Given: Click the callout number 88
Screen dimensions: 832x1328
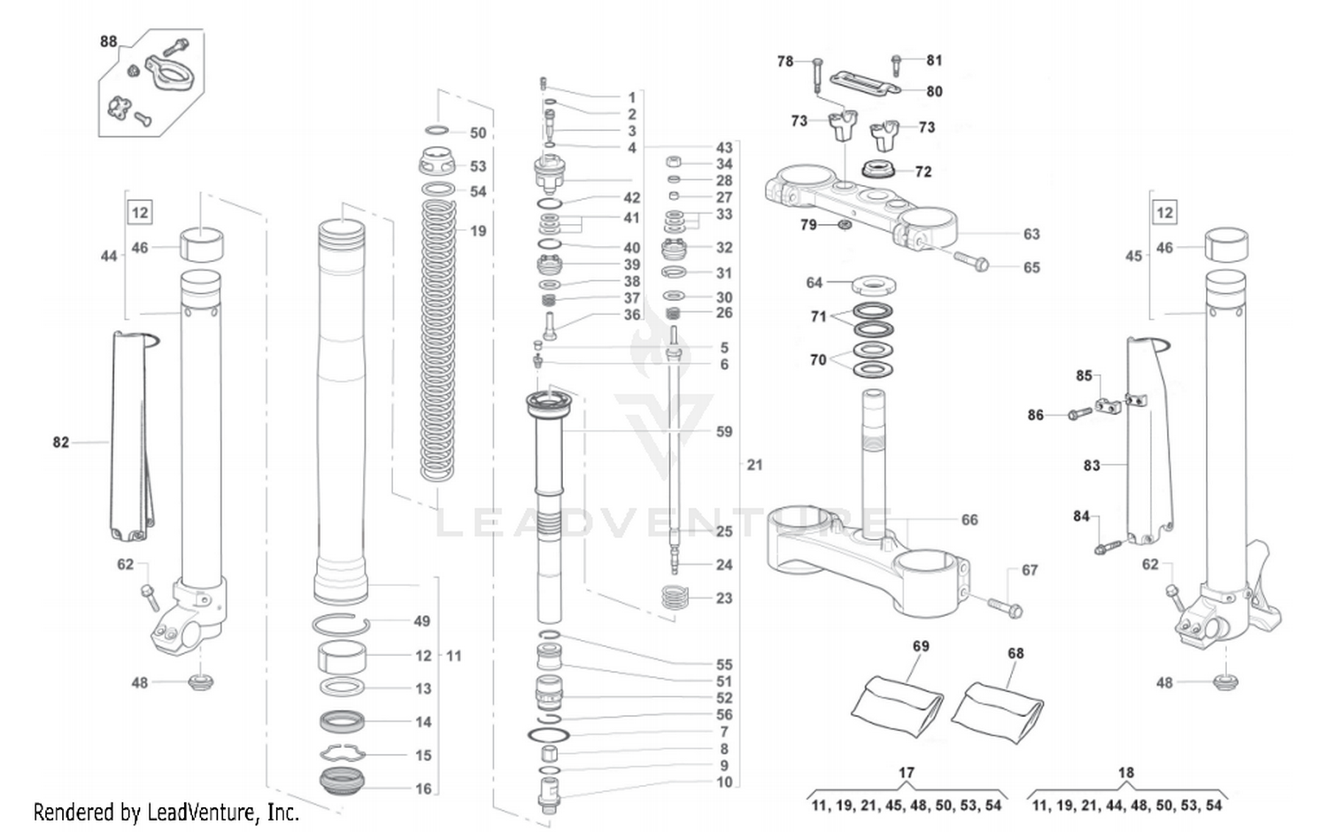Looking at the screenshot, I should pyautogui.click(x=108, y=42).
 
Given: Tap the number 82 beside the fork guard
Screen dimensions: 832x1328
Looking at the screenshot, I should pyautogui.click(x=60, y=442).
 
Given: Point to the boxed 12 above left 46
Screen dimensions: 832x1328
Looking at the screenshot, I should pyautogui.click(x=140, y=212).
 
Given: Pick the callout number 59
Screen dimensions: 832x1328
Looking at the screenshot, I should pyautogui.click(x=723, y=432).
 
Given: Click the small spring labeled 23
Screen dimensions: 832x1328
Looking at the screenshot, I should pyautogui.click(x=675, y=597).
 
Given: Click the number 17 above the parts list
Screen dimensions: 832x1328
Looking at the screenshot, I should pyautogui.click(x=906, y=773).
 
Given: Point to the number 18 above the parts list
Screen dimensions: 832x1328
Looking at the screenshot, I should pyautogui.click(x=1125, y=773).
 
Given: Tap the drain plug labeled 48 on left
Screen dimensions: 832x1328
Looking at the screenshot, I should pyautogui.click(x=200, y=682).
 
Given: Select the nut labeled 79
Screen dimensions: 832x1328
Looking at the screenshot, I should pyautogui.click(x=844, y=226).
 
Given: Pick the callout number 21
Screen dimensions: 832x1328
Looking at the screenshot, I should pyautogui.click(x=753, y=465).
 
